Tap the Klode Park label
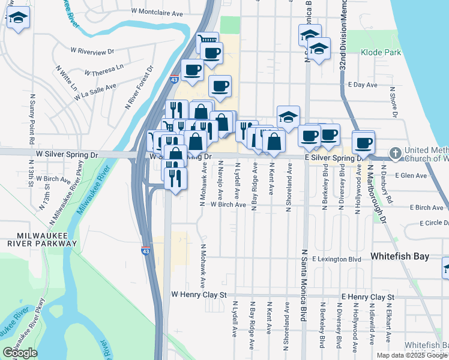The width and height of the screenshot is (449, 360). [x=381, y=53]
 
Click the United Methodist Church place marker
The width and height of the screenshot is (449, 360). [x=395, y=153]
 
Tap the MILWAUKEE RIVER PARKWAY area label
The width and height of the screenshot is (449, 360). [x=39, y=239]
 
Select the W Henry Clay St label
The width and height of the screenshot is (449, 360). [x=198, y=295]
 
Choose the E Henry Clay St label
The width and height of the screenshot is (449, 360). [x=367, y=297]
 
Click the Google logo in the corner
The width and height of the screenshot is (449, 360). [x=20, y=353]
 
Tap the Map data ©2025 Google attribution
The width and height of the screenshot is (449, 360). [x=412, y=355]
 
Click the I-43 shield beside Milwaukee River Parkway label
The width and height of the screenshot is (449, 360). [x=146, y=247]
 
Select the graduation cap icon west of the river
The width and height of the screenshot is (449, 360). [x=19, y=19]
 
